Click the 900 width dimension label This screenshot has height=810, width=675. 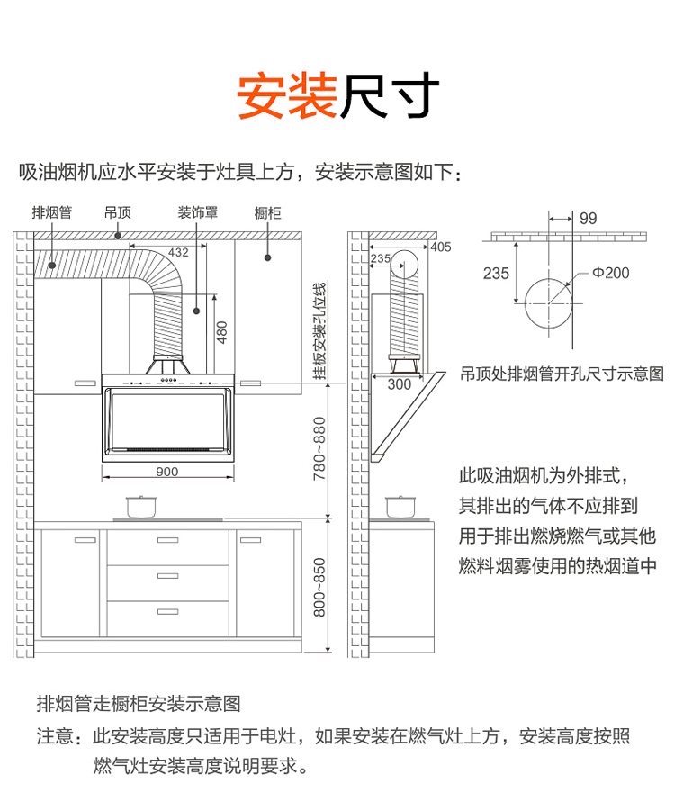point(166,471)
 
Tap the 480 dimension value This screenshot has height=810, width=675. point(222,332)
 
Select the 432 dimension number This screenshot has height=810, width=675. point(178,252)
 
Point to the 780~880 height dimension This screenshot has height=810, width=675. point(319,448)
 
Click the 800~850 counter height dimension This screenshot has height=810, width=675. point(319,588)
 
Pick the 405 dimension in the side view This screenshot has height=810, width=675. point(440,247)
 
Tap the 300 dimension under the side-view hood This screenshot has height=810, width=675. point(400,384)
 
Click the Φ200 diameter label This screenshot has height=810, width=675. point(610,273)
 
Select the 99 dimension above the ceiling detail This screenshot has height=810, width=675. point(589,218)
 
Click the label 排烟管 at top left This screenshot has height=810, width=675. point(51,212)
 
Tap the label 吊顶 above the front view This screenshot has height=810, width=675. point(118,212)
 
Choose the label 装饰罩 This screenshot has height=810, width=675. point(198,212)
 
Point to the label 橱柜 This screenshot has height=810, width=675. point(267,212)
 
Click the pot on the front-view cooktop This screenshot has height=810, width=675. point(141,507)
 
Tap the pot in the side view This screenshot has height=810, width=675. point(400,507)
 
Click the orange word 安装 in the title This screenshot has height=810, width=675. point(287,96)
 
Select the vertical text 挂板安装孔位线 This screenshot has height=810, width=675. point(319,331)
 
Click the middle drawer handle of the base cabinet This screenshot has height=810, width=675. point(167,575)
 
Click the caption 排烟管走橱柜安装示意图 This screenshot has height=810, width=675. point(139,704)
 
